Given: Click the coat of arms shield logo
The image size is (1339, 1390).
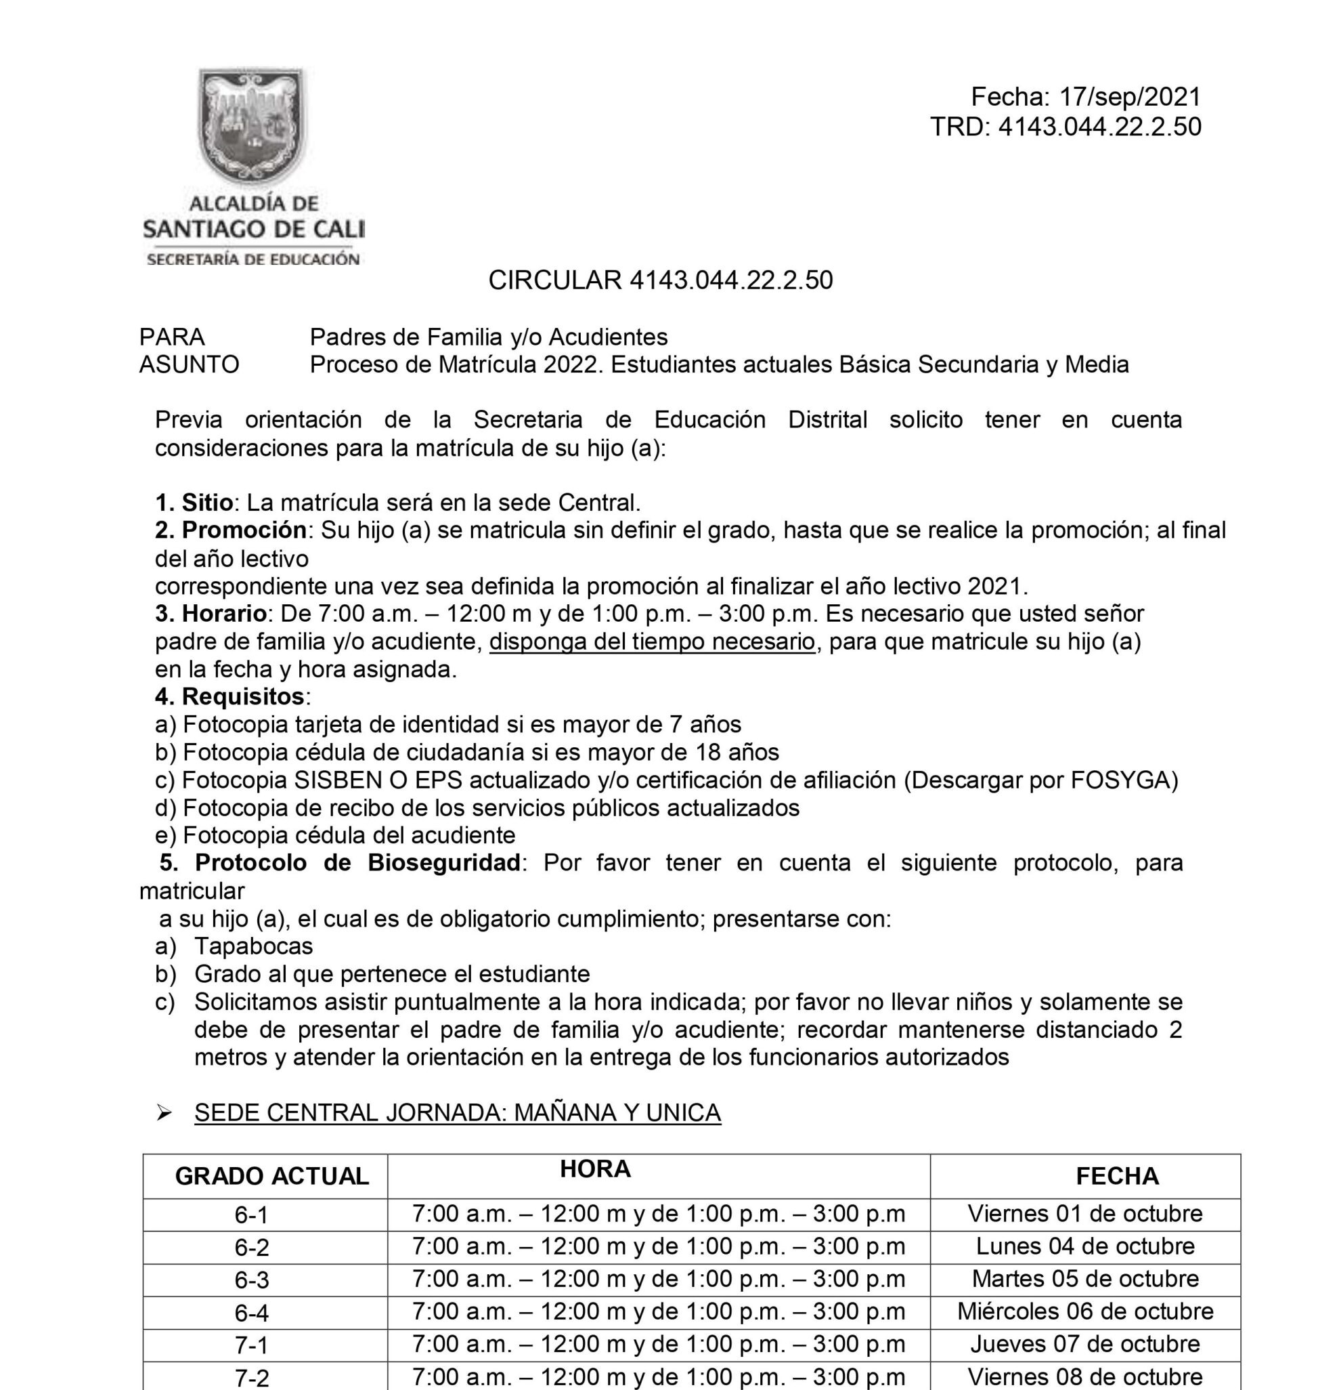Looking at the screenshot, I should (x=253, y=124).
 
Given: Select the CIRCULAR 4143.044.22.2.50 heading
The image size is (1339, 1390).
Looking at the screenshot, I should (x=660, y=280).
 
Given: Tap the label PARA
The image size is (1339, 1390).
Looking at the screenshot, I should (x=171, y=337).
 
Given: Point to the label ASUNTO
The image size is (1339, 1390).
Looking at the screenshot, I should (x=189, y=364).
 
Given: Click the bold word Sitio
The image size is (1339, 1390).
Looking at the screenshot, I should (x=207, y=503).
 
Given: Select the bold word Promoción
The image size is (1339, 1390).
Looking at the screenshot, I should (x=244, y=530).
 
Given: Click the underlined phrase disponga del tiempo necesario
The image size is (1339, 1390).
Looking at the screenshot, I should (x=651, y=641).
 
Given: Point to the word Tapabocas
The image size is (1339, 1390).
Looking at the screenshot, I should (x=253, y=946).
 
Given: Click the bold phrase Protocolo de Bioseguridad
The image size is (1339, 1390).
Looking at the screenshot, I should (x=357, y=863).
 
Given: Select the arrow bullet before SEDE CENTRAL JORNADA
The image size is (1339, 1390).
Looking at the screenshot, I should (x=164, y=1113).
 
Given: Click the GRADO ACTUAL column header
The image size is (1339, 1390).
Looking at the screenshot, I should (x=271, y=1176).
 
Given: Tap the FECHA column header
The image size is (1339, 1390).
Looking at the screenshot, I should (x=1116, y=1176).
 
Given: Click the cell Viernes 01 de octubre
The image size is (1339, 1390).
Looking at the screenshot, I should (x=1084, y=1213).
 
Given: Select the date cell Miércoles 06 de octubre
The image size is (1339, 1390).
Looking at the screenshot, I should (x=1084, y=1311).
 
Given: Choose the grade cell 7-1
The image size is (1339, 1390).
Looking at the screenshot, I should (x=252, y=1345).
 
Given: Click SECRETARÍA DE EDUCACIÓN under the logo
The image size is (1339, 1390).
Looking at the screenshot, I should (x=253, y=259).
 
